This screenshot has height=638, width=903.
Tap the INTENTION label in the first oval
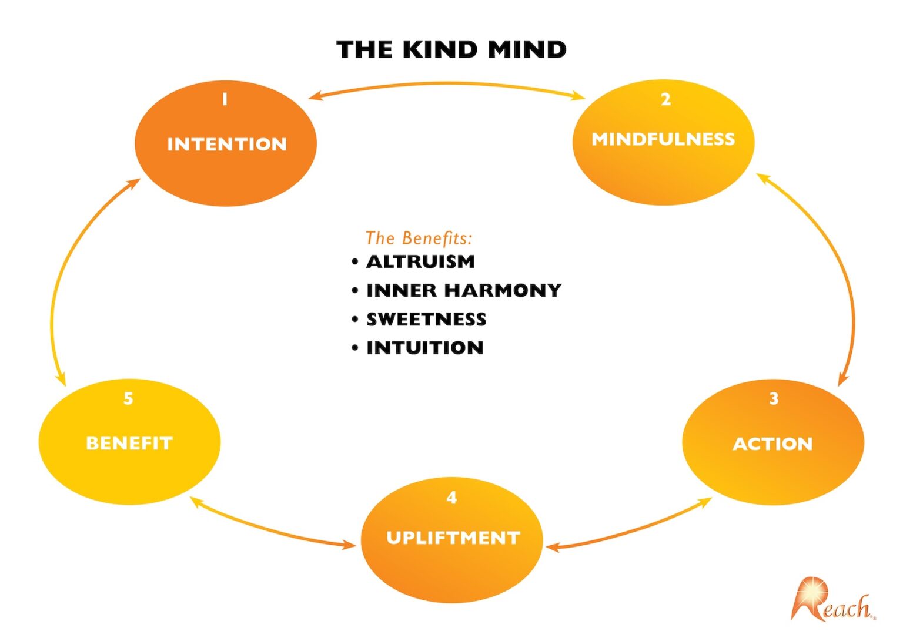pyautogui.click(x=227, y=145)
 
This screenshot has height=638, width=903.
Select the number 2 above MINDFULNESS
pyautogui.click(x=665, y=99)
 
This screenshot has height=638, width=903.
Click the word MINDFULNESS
pyautogui.click(x=663, y=139)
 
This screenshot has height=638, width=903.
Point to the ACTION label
pyautogui.click(x=772, y=444)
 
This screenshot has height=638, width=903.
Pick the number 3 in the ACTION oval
pyautogui.click(x=774, y=399)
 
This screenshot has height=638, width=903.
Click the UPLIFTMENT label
pyautogui.click(x=453, y=538)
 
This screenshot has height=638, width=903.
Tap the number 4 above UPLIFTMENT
pyautogui.click(x=451, y=498)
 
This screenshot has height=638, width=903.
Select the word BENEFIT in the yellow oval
pyautogui.click(x=129, y=444)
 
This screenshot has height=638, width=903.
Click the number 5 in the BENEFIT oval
pyautogui.click(x=128, y=399)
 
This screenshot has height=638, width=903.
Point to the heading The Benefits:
pyautogui.click(x=419, y=238)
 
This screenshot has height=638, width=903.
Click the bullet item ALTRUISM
pyautogui.click(x=420, y=262)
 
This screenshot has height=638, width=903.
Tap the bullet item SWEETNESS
pyautogui.click(x=426, y=320)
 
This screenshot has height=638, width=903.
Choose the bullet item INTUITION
pyautogui.click(x=425, y=348)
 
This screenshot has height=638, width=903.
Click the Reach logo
pyautogui.click(x=832, y=601)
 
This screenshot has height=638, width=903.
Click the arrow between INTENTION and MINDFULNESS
pyautogui.click(x=447, y=85)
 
